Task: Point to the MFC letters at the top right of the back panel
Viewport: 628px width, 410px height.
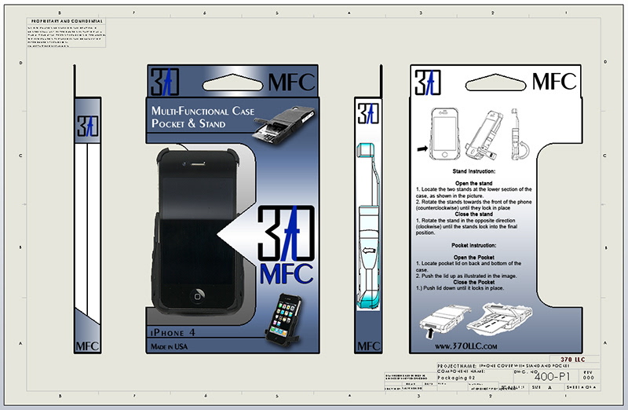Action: pyautogui.click(x=554, y=81)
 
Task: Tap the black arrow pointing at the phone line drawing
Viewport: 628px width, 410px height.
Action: pyautogui.click(x=422, y=147)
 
